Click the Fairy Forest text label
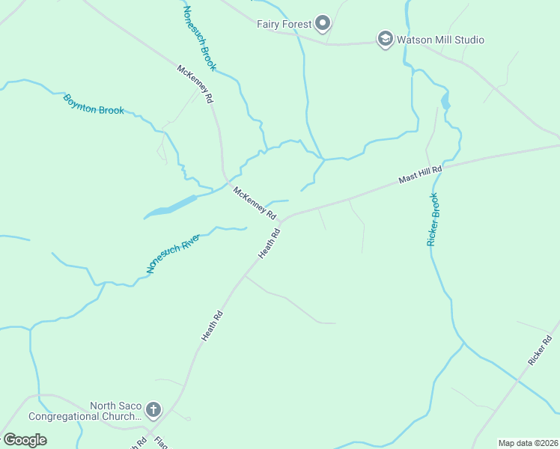pyautogui.click(x=284, y=24)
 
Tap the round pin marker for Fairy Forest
pyautogui.click(x=323, y=24)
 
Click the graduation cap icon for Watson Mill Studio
pyautogui.click(x=385, y=40)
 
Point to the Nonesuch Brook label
pyautogui.click(x=200, y=38)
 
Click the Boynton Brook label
pyautogui.click(x=94, y=104)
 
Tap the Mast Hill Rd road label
pyautogui.click(x=420, y=175)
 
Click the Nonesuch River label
pyautogui.click(x=173, y=253)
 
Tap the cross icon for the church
pyautogui.click(x=153, y=409)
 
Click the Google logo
pyautogui.click(x=25, y=439)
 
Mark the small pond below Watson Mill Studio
pyautogui.click(x=446, y=101)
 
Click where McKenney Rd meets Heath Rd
pyautogui.click(x=284, y=219)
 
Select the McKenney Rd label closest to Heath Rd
pyautogui.click(x=255, y=202)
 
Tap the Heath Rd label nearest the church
pyautogui.click(x=213, y=326)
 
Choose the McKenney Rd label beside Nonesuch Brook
pyautogui.click(x=195, y=85)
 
